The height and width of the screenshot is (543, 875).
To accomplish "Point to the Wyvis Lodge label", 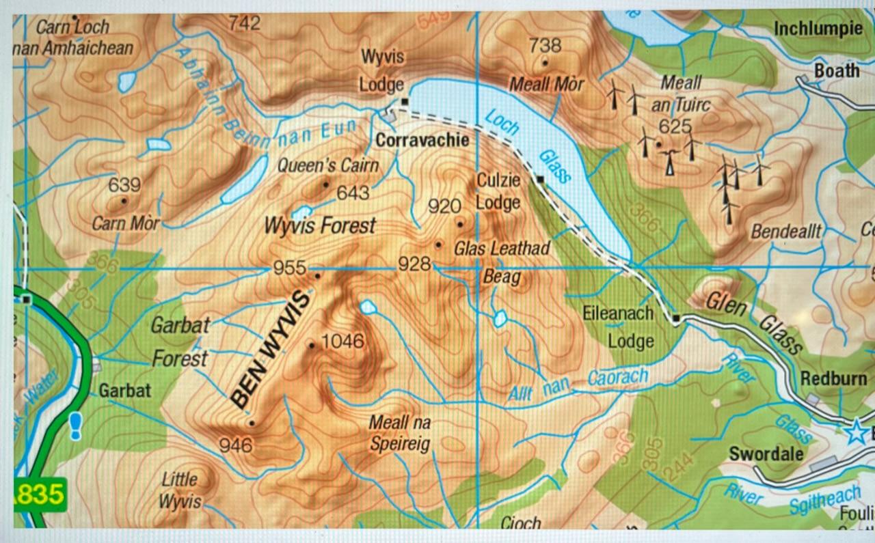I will pos(382,71).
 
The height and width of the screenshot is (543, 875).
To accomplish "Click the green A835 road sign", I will pos(40,493).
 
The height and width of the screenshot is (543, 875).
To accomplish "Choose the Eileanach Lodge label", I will pos(619,326).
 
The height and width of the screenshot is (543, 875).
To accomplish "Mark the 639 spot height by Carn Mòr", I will pos(124,185).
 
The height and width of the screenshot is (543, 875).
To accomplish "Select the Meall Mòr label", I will pos(547,84).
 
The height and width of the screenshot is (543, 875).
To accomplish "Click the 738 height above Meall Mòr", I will pos(545,46).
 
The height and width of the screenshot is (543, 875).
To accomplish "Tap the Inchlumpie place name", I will pos(818,29).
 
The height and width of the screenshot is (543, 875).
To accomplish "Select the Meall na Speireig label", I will pos(400,434).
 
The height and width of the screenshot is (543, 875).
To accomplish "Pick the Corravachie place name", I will pos(422,141).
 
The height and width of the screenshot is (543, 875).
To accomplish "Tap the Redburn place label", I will pos(833,378).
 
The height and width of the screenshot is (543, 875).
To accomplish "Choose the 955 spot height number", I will pos(289,268).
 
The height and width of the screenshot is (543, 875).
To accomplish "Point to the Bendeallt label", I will pos(785,232).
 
